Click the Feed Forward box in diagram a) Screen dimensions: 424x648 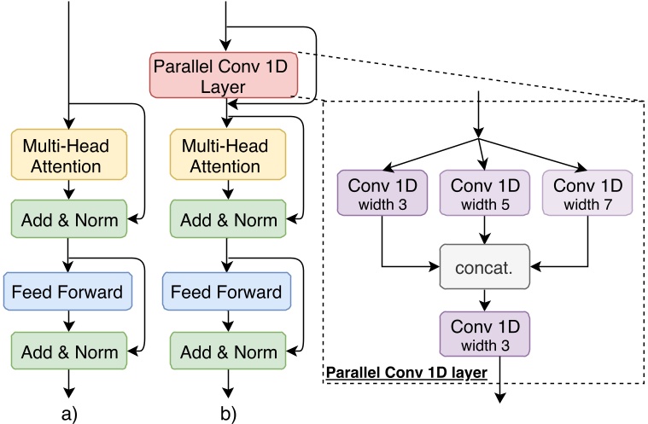[68, 293]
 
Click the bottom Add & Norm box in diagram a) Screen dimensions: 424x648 [68, 350]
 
